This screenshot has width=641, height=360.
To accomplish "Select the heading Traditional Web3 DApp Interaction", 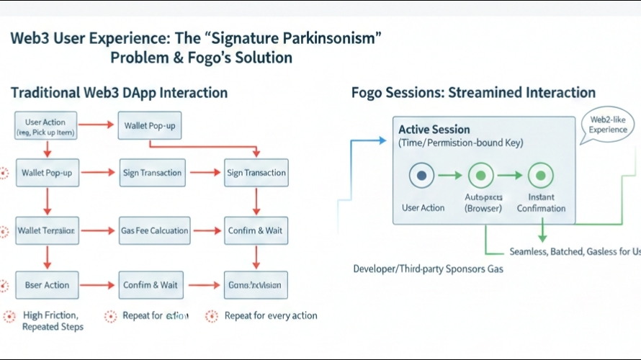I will [119, 93].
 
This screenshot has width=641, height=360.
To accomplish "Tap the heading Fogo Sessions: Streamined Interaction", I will [473, 93].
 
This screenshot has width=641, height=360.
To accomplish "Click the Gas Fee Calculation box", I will [154, 231].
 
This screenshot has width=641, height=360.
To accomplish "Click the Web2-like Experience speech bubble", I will [609, 125].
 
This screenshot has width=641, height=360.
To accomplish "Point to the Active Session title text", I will [434, 130].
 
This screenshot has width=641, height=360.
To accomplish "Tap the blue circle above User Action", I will [422, 175].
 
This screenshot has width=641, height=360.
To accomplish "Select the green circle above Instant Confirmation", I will [540, 175].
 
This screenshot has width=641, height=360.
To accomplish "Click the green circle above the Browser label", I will [481, 175].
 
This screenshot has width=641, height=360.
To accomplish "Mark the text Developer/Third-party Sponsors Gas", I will [428, 269].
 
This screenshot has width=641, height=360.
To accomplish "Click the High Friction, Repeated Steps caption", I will [52, 321].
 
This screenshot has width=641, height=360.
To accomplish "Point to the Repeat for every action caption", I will [270, 315].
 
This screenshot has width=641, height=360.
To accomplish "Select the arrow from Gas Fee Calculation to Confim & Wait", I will [207, 231].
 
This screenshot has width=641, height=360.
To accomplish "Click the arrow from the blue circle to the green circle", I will [451, 175].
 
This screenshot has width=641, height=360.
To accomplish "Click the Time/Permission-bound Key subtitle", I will [460, 143].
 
